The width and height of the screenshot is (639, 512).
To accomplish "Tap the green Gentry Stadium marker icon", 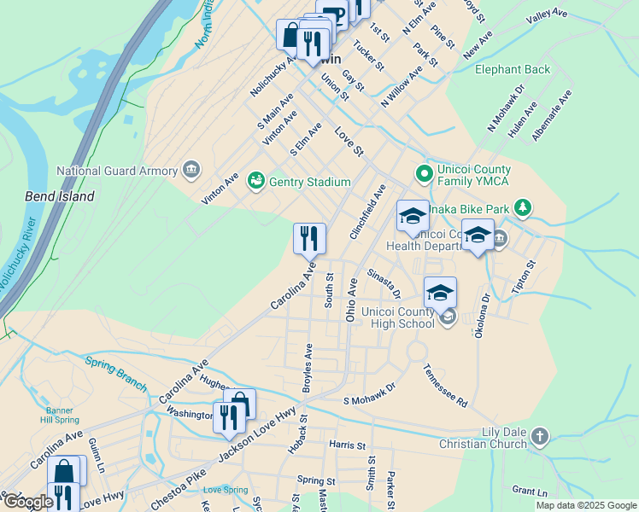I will click(x=255, y=181).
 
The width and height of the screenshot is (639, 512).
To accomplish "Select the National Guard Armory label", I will click(x=116, y=171).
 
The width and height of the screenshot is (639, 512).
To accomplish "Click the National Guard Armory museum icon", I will click(x=191, y=170).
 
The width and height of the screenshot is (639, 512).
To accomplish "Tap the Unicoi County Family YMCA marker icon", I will click(x=422, y=173).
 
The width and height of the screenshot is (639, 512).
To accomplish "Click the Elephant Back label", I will click(x=513, y=69).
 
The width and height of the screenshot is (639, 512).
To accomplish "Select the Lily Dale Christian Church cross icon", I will click(x=538, y=437).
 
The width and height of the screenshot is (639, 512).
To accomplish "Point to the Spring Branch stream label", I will click(x=116, y=373).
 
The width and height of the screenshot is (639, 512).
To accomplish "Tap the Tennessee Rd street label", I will click(x=446, y=386).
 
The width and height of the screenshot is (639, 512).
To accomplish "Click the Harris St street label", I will click(x=347, y=445).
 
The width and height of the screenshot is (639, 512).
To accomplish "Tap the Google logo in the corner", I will click(x=27, y=503).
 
